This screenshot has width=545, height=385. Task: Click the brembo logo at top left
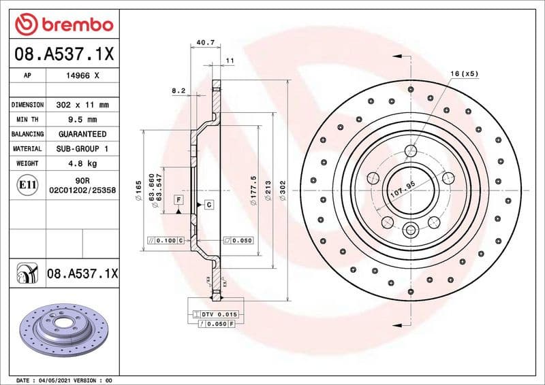tap(63, 25)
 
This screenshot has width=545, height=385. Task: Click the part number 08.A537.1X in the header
tap(63, 54)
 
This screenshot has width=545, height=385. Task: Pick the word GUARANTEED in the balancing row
tap(82, 134)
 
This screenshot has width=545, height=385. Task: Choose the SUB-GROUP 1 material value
tap(82, 148)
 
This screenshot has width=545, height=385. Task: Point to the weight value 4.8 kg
tap(82, 163)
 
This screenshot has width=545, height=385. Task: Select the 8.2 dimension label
tap(178, 90)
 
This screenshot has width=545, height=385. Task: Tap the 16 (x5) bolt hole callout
tap(465, 73)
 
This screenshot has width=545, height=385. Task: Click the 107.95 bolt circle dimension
tap(402, 189)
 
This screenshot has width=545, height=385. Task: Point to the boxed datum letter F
tap(178, 199)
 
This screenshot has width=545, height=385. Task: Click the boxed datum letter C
tap(209, 205)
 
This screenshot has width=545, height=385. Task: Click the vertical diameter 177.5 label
tap(253, 188)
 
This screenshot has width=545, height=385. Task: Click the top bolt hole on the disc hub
tap(411, 151)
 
